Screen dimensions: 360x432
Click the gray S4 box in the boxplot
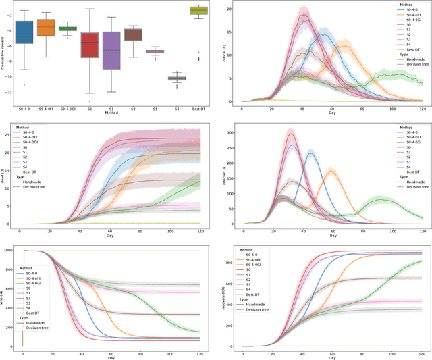(x=177, y=78)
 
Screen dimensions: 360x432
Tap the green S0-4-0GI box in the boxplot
(x=67, y=28)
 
